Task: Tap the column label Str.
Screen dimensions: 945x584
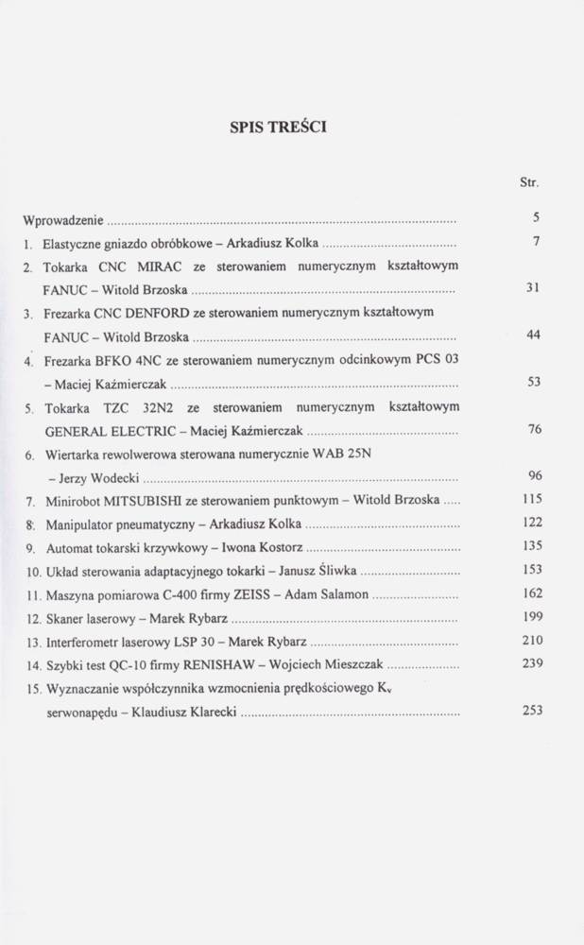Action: (529, 181)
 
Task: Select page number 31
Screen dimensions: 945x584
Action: (532, 289)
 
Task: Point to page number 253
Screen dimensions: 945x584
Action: (532, 711)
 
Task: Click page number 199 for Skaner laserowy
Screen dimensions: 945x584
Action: (532, 617)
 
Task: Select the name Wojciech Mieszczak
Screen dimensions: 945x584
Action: (332, 665)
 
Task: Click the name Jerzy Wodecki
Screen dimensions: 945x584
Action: (88, 477)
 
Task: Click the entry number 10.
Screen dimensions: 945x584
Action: (31, 572)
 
